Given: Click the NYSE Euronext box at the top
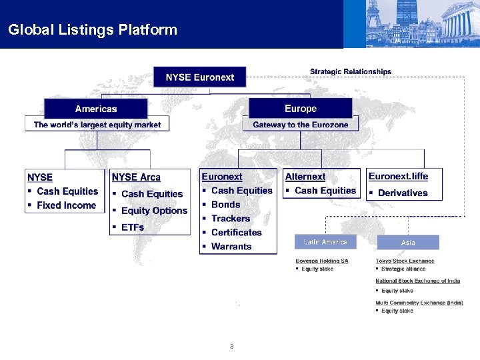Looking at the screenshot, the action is click(x=199, y=77).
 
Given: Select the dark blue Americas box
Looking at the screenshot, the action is click(x=96, y=109).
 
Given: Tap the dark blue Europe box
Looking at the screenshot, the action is click(x=300, y=109).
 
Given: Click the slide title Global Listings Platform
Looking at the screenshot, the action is click(x=93, y=30).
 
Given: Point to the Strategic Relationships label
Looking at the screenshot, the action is click(x=351, y=71).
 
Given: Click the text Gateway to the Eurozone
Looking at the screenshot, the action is click(x=300, y=125).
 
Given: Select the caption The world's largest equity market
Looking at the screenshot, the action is click(x=97, y=125).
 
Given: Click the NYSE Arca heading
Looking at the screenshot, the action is click(x=136, y=177).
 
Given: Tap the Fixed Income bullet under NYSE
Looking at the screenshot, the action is click(x=66, y=205).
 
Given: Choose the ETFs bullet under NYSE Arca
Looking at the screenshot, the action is click(x=133, y=227).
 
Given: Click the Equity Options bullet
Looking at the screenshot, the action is click(x=154, y=211).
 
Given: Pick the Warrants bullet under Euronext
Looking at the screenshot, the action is click(x=231, y=247).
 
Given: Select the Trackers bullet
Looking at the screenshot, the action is click(x=231, y=219).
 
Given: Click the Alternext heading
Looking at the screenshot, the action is click(x=305, y=177).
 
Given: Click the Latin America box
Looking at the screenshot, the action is click(x=325, y=241).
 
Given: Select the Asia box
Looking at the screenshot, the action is click(x=408, y=242).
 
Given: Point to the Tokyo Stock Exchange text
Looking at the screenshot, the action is click(x=405, y=261).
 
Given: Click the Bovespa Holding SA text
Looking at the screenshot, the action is click(x=322, y=261).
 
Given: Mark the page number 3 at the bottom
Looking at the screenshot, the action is click(x=231, y=347).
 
